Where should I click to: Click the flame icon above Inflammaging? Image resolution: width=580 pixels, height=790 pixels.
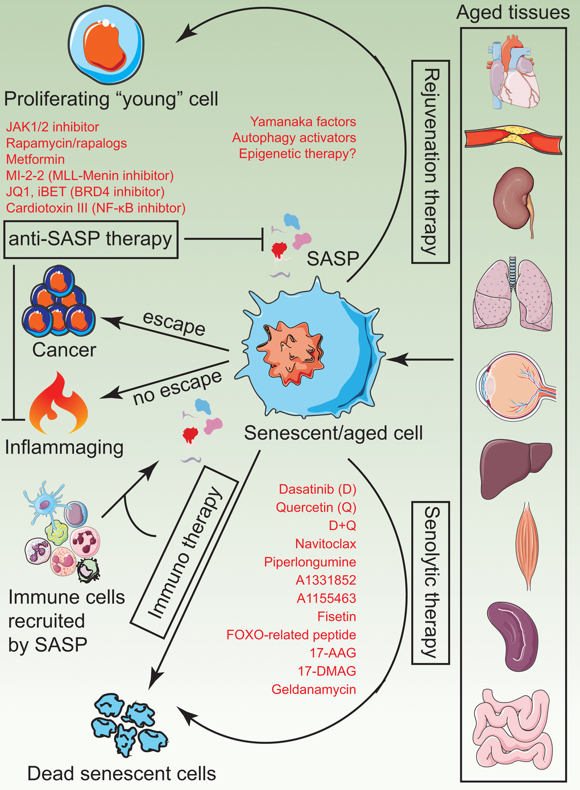pos(58,404)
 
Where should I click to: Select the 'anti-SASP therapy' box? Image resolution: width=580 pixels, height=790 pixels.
pos(90,239)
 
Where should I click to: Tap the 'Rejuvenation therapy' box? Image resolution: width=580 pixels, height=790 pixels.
pos(430,162)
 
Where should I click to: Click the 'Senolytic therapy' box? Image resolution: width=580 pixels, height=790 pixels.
pos(430,583)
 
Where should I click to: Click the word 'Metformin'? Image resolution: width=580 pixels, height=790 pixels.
pos(35,160)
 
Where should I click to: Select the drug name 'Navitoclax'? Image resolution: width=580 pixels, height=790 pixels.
pos(325,544)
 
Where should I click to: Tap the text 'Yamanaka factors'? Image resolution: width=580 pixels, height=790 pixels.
pos(303,122)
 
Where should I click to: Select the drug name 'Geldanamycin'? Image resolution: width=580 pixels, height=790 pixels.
pos(313,689)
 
